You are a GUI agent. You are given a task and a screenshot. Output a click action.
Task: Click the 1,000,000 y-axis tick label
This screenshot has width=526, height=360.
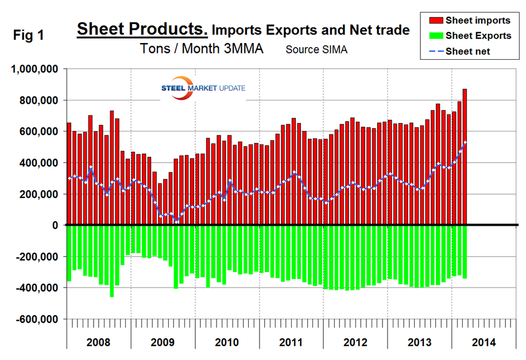tap(36, 69)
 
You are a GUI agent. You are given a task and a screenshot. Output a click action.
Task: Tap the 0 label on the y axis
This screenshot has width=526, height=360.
tap(56, 226)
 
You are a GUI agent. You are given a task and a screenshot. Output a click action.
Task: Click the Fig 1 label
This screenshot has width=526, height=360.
tap(30, 35)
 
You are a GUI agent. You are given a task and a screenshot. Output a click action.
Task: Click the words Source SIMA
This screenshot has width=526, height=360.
tap(316, 50)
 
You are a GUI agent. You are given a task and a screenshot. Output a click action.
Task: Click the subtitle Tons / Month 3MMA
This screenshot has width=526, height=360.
tap(202, 49)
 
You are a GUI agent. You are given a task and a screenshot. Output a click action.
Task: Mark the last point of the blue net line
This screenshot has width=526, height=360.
tap(465, 142)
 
